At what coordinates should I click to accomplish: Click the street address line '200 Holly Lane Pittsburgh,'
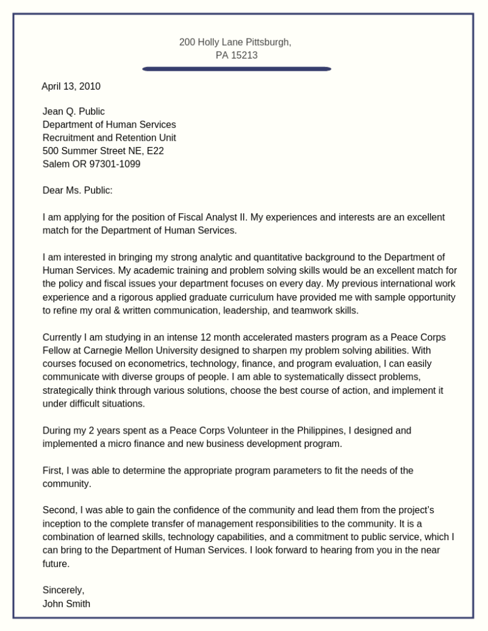click(235, 42)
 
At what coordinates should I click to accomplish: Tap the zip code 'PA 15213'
click(237, 55)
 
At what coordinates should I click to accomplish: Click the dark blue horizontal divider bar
click(237, 70)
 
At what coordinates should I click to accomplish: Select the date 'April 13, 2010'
click(71, 87)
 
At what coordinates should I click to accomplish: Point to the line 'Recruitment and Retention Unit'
click(109, 138)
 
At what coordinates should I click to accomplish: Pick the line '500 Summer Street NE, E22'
click(102, 151)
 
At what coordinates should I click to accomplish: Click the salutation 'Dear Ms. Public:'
click(77, 190)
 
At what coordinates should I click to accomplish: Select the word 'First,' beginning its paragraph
click(53, 471)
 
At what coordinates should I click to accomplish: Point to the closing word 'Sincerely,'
click(63, 590)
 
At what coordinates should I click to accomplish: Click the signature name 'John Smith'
click(66, 604)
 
